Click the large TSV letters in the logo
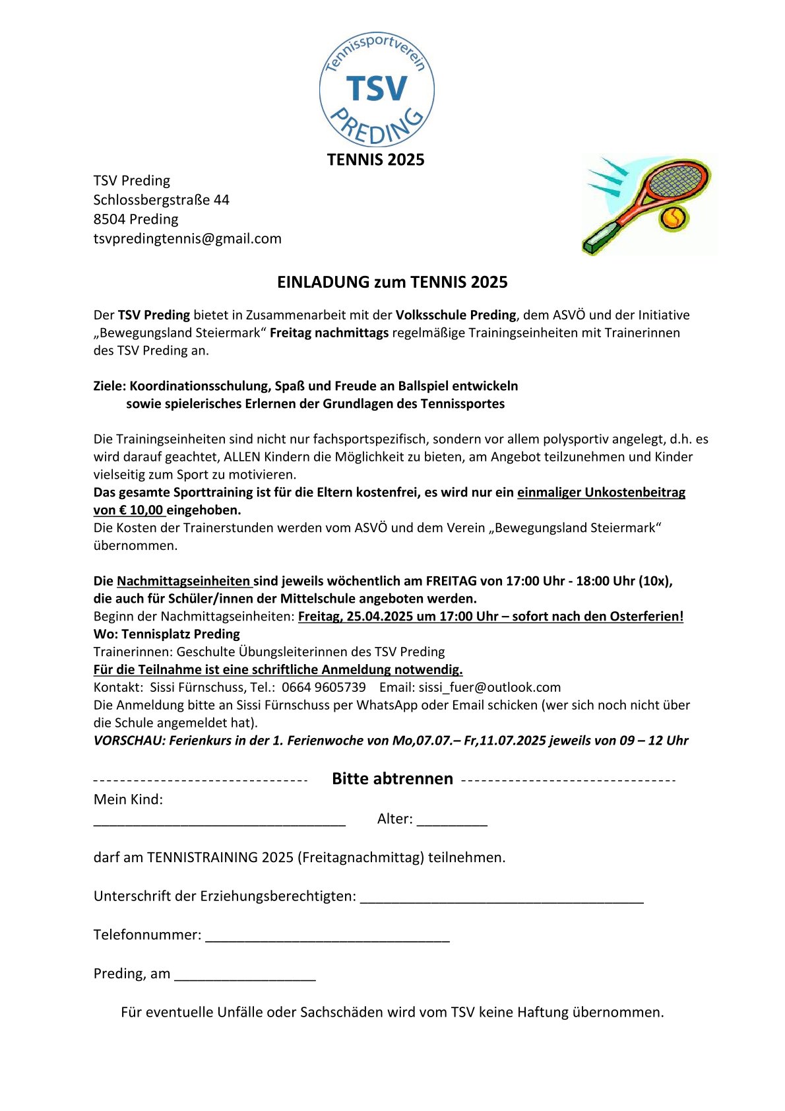tap(377, 88)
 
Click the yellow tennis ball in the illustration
tap(674, 217)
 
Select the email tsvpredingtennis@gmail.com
tap(187, 238)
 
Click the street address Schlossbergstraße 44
tap(161, 199)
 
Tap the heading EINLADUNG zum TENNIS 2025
tap(392, 283)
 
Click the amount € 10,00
tap(141, 510)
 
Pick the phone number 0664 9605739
tap(323, 687)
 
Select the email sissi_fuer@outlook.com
tap(489, 687)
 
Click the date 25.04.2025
tap(383, 617)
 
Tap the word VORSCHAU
tap(129, 741)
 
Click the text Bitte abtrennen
tap(392, 779)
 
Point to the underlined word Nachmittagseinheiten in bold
tap(183, 581)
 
